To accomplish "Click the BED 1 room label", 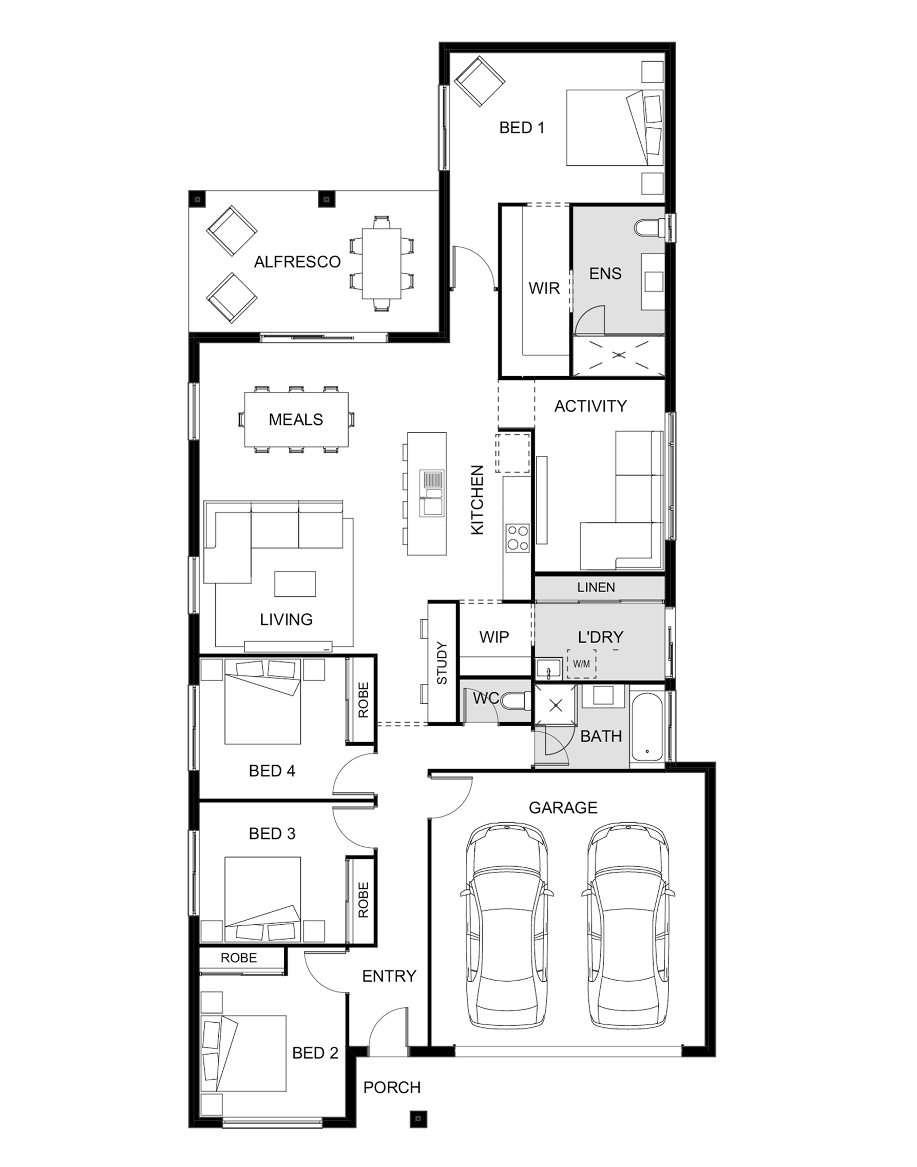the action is [521, 128].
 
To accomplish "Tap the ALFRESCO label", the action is [297, 262].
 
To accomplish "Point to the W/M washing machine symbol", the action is [581, 664].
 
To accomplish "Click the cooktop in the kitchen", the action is [518, 538].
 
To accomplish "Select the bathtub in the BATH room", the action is [647, 727].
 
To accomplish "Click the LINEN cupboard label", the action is [596, 588].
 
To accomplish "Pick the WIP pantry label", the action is [494, 637].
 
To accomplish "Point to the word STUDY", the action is [442, 663].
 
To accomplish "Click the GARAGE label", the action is [563, 808].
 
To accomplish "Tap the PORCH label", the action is [392, 1087].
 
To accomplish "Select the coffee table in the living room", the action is [295, 584].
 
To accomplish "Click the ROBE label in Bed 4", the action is [364, 700].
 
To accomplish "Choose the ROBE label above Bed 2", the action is [238, 958].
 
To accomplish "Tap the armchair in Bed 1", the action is [480, 82].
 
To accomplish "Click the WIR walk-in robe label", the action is [544, 288].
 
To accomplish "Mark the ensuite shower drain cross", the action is [620, 355].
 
